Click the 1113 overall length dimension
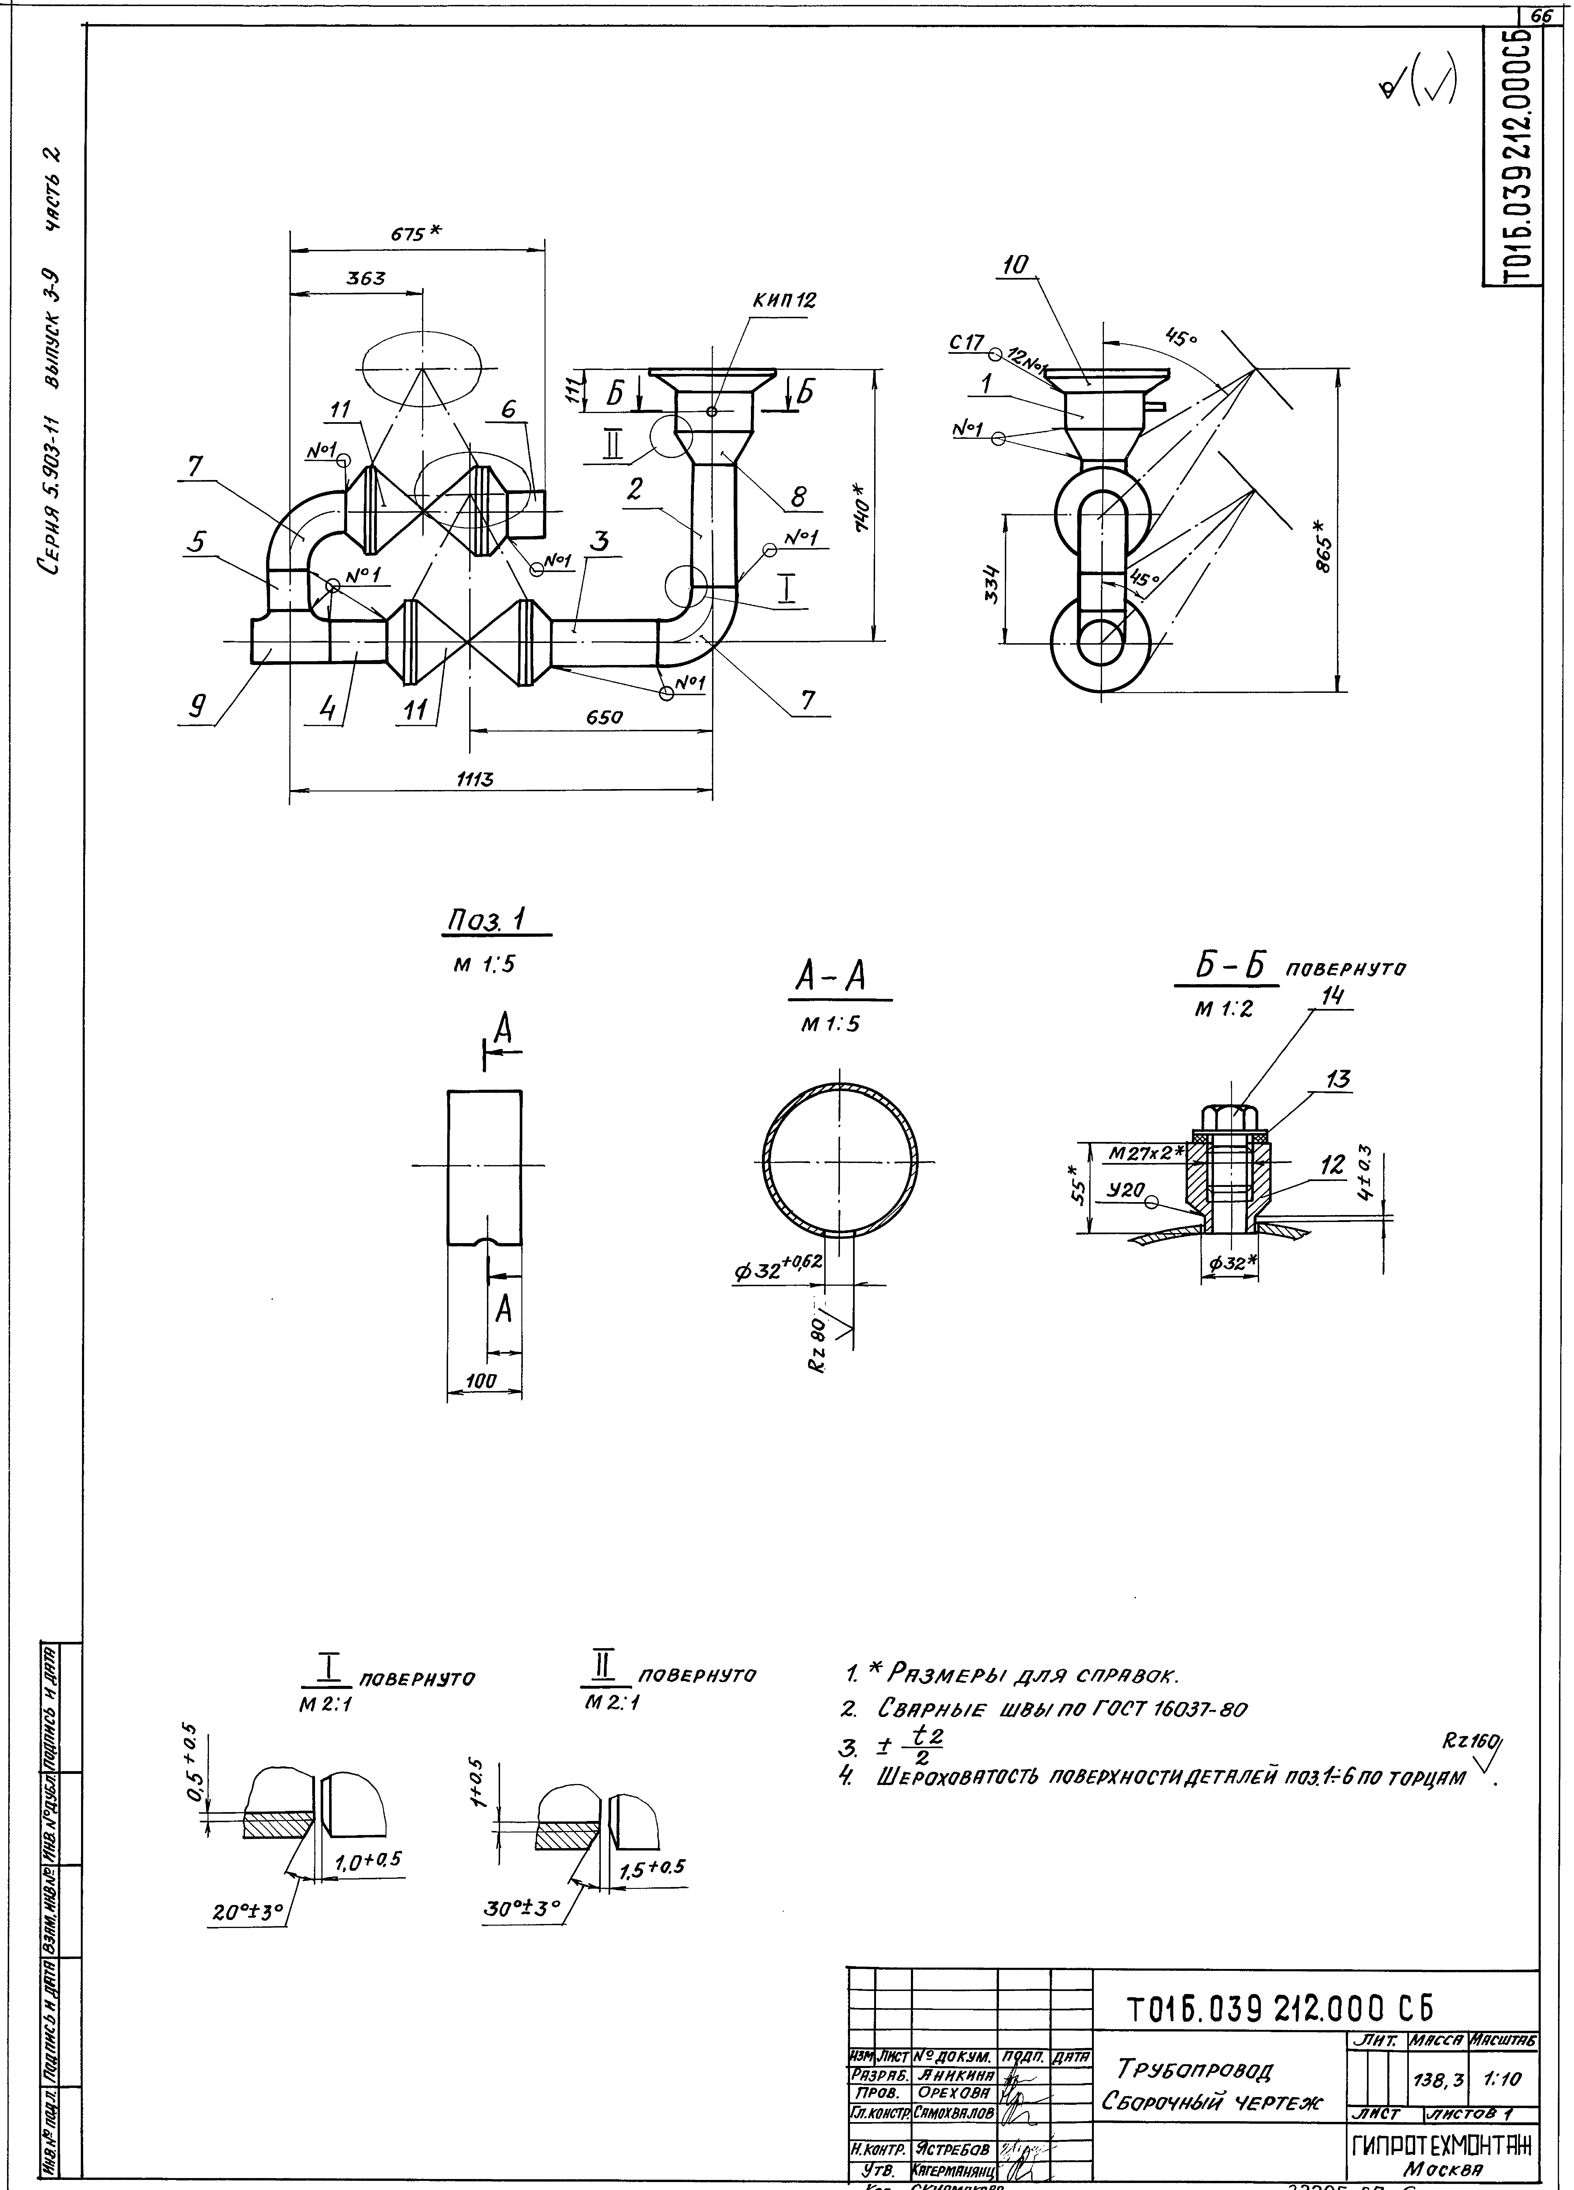pyautogui.click(x=475, y=780)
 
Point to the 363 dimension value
pyautogui.click(x=366, y=278)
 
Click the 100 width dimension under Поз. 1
pyautogui.click(x=481, y=1382)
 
